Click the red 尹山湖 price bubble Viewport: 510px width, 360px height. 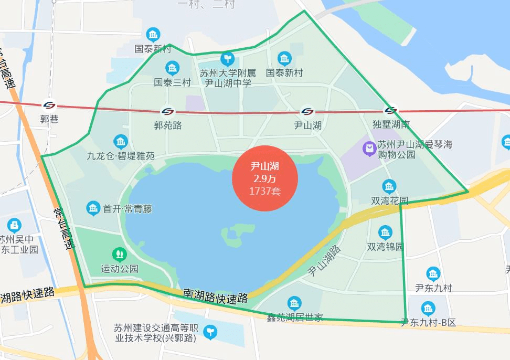pyautogui.click(x=265, y=178)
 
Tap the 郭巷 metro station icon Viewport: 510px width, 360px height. pyautogui.click(x=49, y=105)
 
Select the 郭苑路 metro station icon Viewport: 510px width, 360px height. pyautogui.click(x=168, y=112)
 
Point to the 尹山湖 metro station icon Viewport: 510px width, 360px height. pyautogui.click(x=307, y=112)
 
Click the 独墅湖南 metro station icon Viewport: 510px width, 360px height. pyautogui.click(x=390, y=111)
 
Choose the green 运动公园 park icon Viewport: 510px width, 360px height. pyautogui.click(x=120, y=255)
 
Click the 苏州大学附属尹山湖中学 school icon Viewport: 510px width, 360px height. pyautogui.click(x=227, y=58)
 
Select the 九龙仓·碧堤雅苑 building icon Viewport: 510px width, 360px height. pyautogui.click(x=121, y=142)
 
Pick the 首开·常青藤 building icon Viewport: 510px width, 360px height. pyautogui.click(x=93, y=208)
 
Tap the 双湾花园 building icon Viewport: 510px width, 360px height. pyautogui.click(x=389, y=186)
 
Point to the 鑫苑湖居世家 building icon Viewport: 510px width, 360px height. pyautogui.click(x=294, y=303)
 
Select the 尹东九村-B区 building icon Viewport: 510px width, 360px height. pyautogui.click(x=428, y=309)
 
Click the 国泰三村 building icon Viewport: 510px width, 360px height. pyautogui.click(x=172, y=68)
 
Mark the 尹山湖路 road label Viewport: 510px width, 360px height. pyautogui.click(x=324, y=261)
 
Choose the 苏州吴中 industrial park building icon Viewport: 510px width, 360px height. pyautogui.click(x=14, y=226)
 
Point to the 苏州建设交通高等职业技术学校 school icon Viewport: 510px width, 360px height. pyautogui.click(x=210, y=332)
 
